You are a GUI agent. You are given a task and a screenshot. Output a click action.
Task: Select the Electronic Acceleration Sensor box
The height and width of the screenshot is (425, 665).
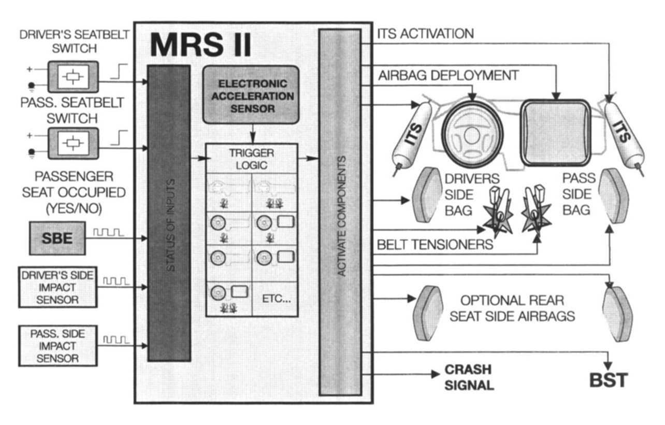251,95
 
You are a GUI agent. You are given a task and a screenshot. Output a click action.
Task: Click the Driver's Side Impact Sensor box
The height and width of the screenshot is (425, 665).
57,287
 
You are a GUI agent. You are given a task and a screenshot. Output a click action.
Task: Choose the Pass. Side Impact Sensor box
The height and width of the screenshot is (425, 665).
57,345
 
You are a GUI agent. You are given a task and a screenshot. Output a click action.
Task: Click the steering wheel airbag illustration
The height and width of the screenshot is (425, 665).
472,133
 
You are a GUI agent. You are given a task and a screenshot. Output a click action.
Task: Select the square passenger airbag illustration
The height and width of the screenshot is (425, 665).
555,132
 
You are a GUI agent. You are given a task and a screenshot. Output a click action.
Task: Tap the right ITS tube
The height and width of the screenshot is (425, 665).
624,132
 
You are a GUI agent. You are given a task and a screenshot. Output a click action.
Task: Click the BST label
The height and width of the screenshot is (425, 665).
609,380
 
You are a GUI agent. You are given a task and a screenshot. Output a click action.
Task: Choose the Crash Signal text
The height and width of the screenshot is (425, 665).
469,378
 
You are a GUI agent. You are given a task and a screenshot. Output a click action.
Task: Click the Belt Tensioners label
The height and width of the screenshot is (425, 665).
435,244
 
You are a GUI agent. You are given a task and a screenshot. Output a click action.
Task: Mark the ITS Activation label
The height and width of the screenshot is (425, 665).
425,34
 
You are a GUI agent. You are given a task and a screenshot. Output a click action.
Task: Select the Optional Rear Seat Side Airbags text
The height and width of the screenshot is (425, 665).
512,308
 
